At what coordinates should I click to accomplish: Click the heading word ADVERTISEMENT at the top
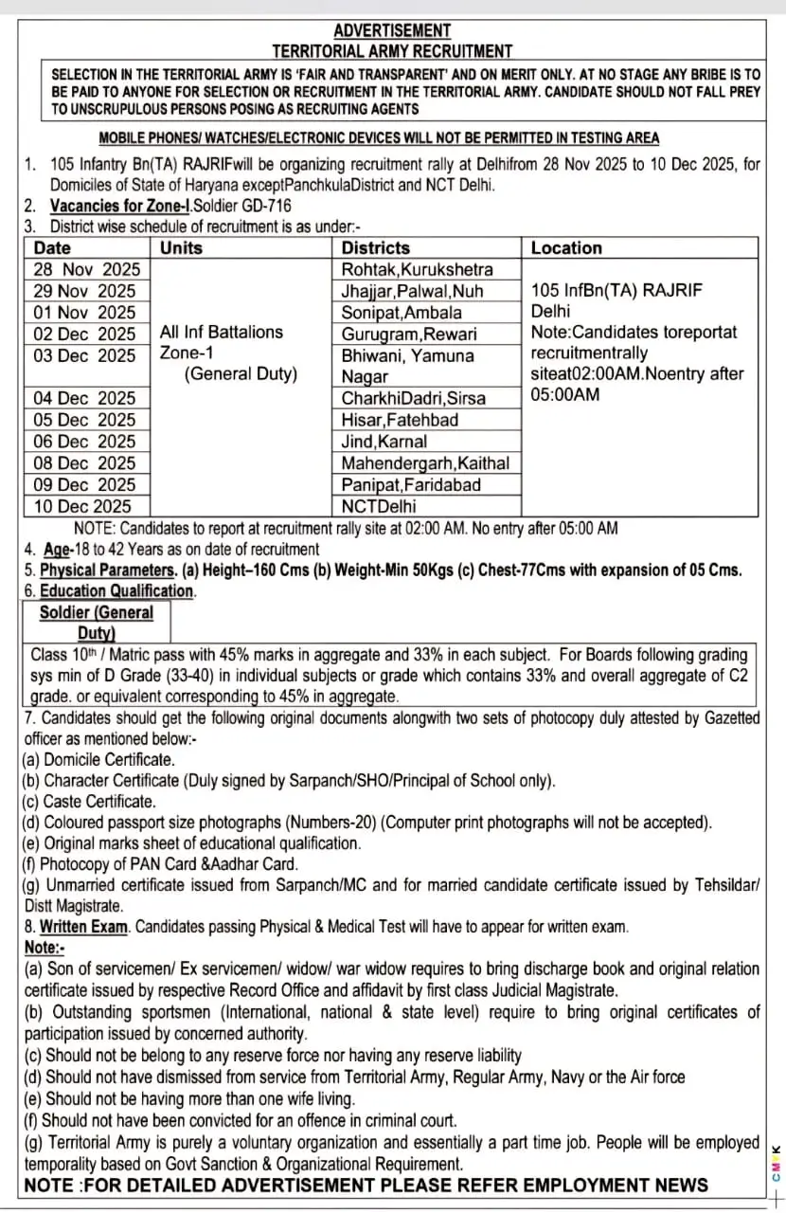[392, 31]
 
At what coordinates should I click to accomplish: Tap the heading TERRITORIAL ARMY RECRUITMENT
[392, 51]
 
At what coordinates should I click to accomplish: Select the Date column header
[52, 248]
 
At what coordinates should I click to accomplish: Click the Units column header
[181, 248]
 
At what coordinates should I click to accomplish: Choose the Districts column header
[376, 248]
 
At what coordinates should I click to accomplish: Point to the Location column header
[566, 248]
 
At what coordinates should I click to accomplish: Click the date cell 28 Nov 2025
[87, 270]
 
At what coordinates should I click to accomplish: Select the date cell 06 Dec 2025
[85, 442]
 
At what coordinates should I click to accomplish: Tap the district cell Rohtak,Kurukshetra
[418, 270]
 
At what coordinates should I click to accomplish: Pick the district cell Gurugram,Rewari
[409, 335]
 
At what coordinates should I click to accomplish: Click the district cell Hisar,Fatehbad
[400, 420]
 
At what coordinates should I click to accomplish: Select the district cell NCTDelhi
[379, 506]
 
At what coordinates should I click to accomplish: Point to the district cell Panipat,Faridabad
[411, 485]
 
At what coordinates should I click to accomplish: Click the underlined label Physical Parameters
[107, 570]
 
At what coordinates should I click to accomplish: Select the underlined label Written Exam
[83, 927]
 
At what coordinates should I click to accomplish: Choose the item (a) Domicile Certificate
[98, 760]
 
